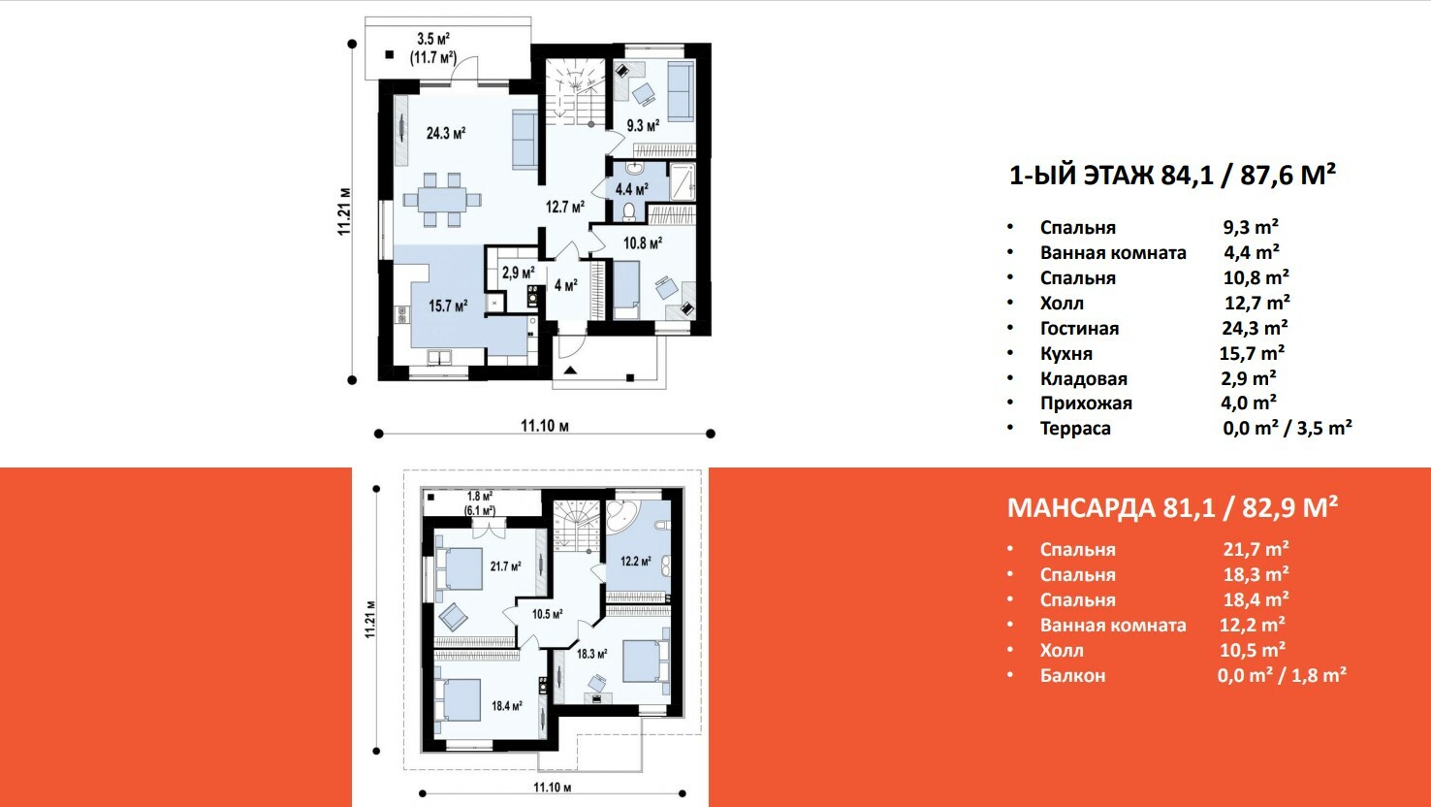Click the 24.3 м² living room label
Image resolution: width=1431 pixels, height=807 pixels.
click(x=446, y=133)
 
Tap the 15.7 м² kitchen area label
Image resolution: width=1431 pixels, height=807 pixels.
click(x=448, y=307)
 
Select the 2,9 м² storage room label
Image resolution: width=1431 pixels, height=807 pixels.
click(x=518, y=273)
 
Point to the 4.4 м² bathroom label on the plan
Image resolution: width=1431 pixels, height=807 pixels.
click(x=632, y=189)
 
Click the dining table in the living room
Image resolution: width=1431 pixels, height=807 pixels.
click(x=442, y=200)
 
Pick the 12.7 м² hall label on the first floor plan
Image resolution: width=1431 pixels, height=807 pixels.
click(x=564, y=207)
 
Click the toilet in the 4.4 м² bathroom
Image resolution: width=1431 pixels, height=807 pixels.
click(x=629, y=210)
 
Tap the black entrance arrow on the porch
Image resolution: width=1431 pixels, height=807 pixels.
click(x=570, y=370)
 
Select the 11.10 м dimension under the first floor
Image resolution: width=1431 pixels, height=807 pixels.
click(x=544, y=426)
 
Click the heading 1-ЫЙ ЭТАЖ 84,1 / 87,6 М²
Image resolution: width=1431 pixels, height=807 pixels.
click(x=1172, y=175)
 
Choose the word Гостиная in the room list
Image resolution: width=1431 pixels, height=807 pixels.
click(x=1080, y=329)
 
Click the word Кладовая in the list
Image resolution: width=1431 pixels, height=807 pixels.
click(x=1084, y=379)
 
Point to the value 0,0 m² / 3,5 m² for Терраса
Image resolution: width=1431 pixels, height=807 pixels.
click(x=1288, y=428)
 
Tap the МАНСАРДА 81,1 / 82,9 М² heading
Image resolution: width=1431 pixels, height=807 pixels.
click(x=1172, y=507)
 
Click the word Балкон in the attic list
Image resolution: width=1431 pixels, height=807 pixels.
click(x=1072, y=675)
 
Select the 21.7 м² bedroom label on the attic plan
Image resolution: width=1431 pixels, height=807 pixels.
click(x=505, y=566)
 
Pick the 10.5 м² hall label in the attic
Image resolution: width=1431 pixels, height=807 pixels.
click(x=548, y=614)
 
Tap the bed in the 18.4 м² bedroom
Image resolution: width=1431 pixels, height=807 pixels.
click(x=458, y=700)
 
